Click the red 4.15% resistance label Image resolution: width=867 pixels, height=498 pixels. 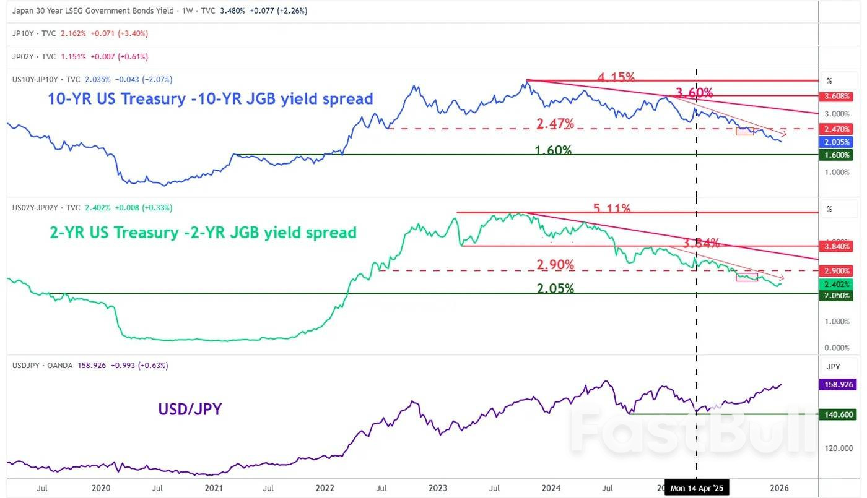click(x=616, y=77)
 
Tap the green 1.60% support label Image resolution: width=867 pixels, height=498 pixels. click(x=554, y=150)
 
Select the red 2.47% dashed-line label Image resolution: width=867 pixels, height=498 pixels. click(x=555, y=124)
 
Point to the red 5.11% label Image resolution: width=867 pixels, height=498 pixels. click(x=612, y=209)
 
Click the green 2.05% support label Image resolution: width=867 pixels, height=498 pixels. click(x=556, y=288)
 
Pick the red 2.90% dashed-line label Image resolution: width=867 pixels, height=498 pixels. click(x=556, y=265)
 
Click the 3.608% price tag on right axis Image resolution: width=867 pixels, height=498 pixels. click(x=837, y=97)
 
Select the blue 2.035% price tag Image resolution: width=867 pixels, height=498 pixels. click(x=837, y=142)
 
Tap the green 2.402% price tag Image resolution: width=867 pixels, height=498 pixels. click(x=837, y=284)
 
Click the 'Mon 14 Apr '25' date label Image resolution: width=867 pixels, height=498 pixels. click(x=697, y=488)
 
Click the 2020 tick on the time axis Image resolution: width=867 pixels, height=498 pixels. click(x=101, y=488)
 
